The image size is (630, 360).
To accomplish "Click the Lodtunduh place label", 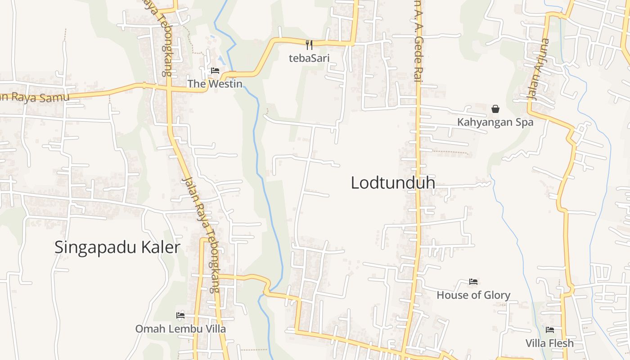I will click(392, 183).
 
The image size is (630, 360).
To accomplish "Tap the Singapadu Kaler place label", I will click(117, 247).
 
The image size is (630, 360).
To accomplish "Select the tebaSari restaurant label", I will click(309, 58).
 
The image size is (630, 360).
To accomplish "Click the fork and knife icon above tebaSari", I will click(309, 45).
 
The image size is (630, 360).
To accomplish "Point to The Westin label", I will click(215, 84).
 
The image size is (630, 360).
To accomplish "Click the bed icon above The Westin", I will click(215, 71).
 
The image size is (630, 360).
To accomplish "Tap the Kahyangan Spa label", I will click(495, 122).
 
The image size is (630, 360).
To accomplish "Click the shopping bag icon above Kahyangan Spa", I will click(495, 109).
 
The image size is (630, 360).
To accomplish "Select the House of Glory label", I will click(473, 295).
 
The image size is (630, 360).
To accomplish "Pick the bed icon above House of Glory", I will click(473, 282).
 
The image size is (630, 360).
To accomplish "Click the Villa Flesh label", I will click(549, 343).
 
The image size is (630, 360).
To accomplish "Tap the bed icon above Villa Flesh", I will click(550, 329).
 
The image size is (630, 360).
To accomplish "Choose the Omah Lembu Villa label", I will click(180, 329).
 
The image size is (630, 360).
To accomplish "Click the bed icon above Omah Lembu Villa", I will click(180, 315).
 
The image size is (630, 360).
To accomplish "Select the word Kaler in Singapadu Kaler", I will click(160, 247).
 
